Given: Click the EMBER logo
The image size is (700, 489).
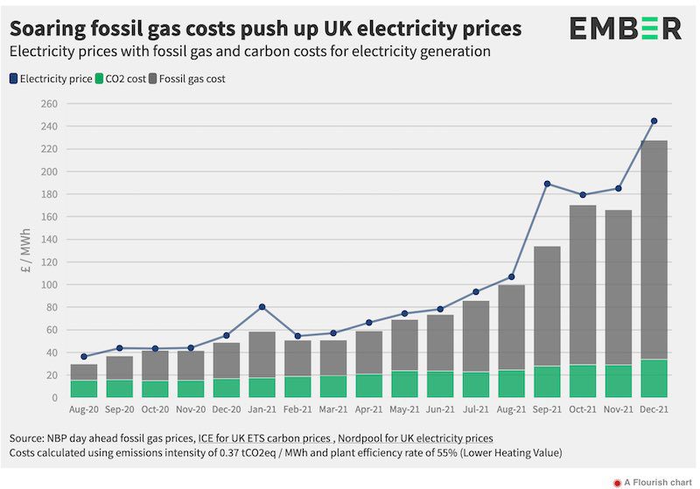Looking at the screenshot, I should click(625, 29).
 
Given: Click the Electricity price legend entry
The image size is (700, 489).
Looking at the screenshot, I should click(52, 79).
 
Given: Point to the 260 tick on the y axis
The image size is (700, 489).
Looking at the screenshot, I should click(49, 103).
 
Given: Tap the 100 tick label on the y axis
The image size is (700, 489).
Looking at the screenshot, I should click(49, 284).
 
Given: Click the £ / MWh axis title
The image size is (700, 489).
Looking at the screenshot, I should click(26, 251).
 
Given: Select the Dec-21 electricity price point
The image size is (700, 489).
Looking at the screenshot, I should click(654, 121).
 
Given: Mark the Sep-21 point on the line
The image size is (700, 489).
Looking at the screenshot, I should click(547, 184).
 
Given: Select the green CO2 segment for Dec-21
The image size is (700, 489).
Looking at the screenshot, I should click(654, 379).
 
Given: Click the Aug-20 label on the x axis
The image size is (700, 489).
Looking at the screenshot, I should click(84, 409).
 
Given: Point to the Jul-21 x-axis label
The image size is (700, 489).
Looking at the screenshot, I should click(476, 409).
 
